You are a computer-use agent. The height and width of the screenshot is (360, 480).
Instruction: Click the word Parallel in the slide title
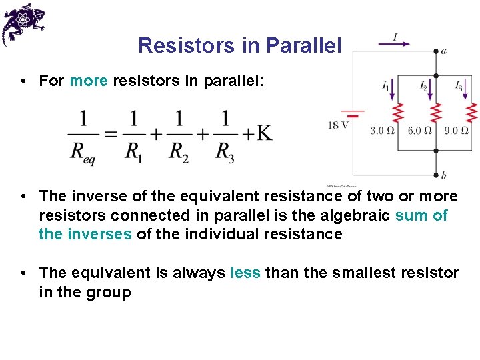click(x=303, y=45)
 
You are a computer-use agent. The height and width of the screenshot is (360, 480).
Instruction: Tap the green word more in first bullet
click(x=89, y=81)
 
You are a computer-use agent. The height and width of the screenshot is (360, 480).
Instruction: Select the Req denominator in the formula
click(x=83, y=152)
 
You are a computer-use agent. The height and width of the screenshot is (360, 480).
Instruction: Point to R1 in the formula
click(x=133, y=152)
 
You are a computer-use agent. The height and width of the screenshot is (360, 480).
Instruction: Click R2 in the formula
click(x=179, y=152)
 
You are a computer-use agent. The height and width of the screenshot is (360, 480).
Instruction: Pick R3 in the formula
click(x=225, y=152)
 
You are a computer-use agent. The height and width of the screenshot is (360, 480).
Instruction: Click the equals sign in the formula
click(x=111, y=134)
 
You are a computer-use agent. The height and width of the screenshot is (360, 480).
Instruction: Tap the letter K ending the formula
click(x=264, y=133)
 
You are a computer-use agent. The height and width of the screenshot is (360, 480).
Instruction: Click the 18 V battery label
click(x=338, y=125)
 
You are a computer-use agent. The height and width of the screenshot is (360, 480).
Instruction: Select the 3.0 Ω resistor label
click(x=383, y=131)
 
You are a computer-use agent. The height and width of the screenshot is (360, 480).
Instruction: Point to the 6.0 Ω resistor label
click(x=419, y=131)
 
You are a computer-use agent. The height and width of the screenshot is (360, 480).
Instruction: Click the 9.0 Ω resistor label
click(x=456, y=131)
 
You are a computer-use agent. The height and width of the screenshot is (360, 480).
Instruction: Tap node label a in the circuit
click(x=444, y=51)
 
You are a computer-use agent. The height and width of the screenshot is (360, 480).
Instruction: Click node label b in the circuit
click(x=444, y=176)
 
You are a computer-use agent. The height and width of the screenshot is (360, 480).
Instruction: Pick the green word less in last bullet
click(x=245, y=273)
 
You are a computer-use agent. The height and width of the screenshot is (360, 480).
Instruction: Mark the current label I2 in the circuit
click(x=424, y=86)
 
